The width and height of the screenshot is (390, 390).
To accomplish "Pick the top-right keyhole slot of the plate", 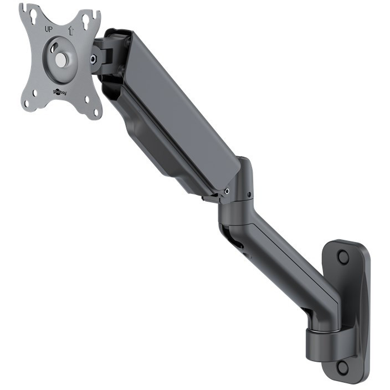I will (86, 22).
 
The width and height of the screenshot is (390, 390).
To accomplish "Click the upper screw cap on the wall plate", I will (343, 256).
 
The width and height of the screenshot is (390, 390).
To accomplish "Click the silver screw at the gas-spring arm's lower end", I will (227, 192).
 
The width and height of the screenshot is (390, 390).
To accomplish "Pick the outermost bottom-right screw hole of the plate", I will (96, 112).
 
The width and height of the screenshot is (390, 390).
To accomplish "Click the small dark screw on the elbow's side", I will (250, 194).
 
